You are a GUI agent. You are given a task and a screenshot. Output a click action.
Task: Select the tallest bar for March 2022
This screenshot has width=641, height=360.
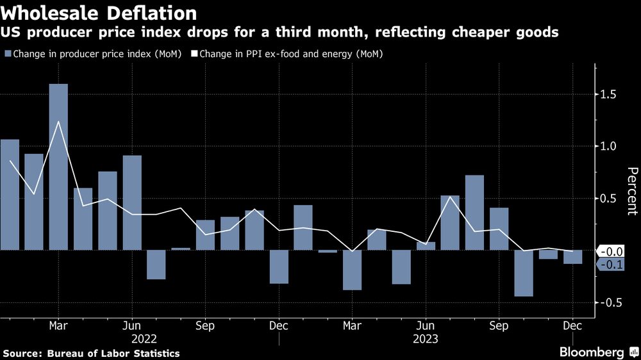(58, 167)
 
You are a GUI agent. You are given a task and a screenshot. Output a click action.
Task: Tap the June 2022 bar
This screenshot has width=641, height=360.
(132, 202)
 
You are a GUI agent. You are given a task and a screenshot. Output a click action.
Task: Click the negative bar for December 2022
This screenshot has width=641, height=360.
(279, 266)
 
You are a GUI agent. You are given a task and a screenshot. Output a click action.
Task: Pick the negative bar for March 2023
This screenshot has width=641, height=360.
(353, 270)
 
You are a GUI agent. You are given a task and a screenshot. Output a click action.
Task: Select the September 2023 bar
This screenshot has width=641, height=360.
(499, 229)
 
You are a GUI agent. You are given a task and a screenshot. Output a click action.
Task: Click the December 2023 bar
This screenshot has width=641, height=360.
(572, 257)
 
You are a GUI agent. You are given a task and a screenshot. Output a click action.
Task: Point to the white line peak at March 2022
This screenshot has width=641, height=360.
(58, 122)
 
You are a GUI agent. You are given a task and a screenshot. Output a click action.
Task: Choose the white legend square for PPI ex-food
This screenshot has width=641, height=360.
(194, 54)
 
